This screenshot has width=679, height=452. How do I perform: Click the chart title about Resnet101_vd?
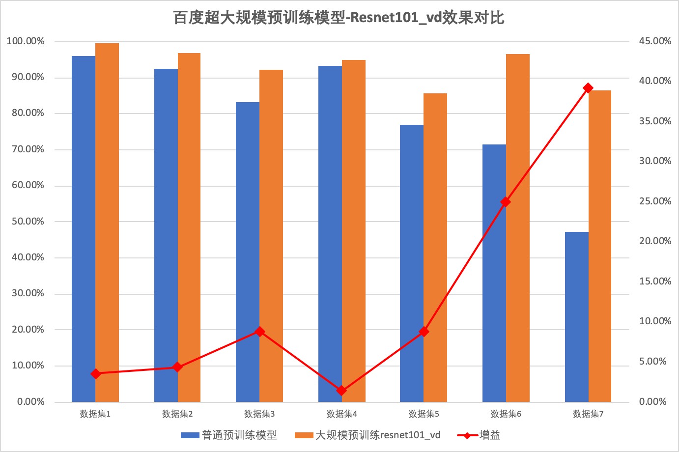coord(339,18)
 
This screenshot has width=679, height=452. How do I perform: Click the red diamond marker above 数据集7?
coord(588,88)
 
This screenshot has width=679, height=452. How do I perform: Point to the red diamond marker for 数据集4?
coord(341,391)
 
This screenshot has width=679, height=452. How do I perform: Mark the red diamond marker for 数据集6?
coord(506,202)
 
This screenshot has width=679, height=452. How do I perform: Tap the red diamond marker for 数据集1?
coord(96,374)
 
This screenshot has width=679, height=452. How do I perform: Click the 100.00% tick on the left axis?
coord(26,41)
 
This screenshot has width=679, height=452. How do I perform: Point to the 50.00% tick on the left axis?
coord(28,222)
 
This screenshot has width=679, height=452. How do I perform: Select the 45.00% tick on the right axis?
coord(655,41)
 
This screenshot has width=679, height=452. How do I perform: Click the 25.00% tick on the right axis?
coord(655,201)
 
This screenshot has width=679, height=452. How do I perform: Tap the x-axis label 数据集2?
coord(177,414)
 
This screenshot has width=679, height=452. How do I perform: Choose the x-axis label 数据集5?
coord(424,414)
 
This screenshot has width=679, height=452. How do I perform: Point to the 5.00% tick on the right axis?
coord(653,362)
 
